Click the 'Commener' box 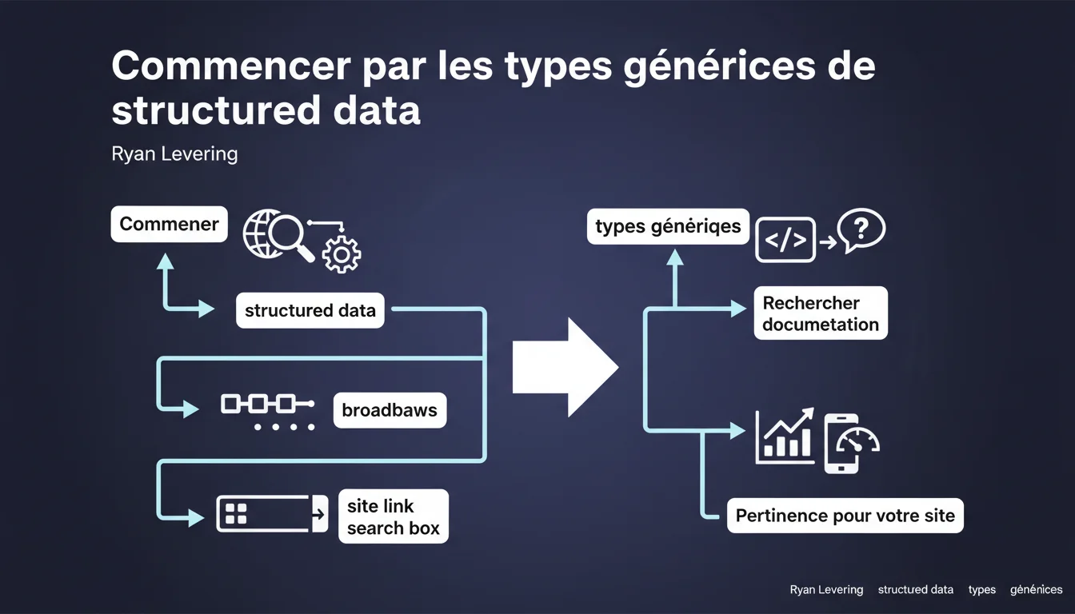coord(169,224)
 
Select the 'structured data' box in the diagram coord(310,310)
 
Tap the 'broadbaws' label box coord(390,410)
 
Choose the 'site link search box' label coord(394,516)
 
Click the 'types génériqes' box coord(668,226)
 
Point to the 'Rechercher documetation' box coord(821,313)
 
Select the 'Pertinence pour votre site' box coord(845,516)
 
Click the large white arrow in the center coord(566,368)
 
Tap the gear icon coord(342,255)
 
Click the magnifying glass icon coord(290,236)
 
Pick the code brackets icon coord(785,240)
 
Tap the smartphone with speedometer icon coord(850,444)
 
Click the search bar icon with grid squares coord(272,514)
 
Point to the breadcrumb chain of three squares coord(267,404)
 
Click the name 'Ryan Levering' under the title coord(174,154)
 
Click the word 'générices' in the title coord(719,67)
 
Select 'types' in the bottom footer coord(982,589)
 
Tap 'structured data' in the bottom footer coord(916,589)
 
